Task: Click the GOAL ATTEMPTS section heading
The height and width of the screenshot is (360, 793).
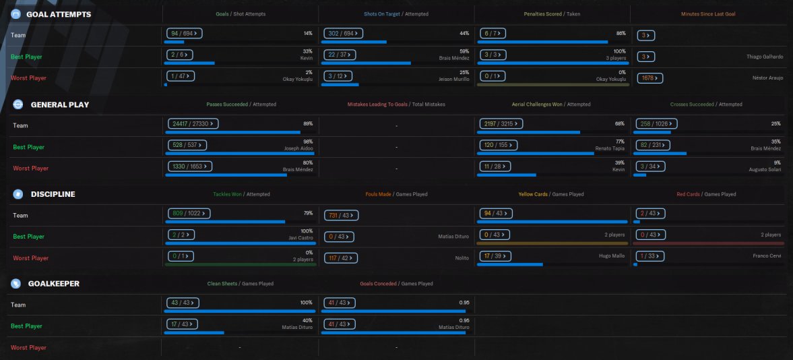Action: click(58, 14)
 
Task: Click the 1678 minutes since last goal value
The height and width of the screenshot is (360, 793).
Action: click(650, 78)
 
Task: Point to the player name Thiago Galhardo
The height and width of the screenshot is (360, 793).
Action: click(765, 57)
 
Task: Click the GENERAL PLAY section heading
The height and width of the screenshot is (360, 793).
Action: click(59, 104)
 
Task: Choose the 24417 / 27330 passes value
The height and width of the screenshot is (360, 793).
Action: click(193, 123)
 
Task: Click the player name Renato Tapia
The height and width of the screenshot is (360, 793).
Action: click(609, 147)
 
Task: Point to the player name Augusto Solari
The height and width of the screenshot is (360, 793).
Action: click(765, 169)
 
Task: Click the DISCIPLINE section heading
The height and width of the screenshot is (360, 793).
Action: click(53, 194)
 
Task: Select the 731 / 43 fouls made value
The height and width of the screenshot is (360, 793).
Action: click(341, 215)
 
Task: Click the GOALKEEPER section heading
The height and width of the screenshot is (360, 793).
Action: click(54, 284)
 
